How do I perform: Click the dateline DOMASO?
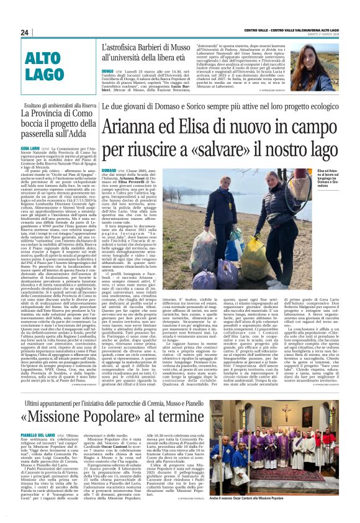tap(91, 169)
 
